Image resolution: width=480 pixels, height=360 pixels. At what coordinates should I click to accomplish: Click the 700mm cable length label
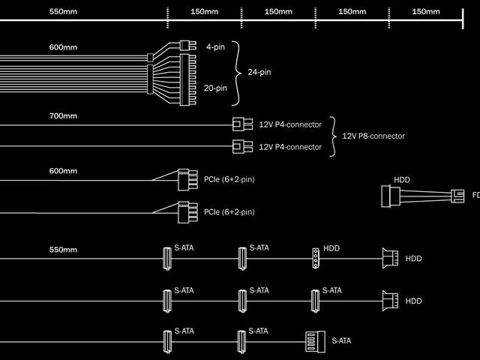[x=63, y=116]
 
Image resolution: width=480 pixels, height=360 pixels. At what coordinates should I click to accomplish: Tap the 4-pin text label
[x=214, y=46]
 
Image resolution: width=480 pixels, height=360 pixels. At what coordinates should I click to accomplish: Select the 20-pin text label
[x=215, y=88]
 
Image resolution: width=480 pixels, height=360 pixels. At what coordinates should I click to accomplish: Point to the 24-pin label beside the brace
[x=259, y=73]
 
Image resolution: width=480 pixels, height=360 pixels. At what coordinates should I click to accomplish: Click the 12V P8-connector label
[x=373, y=136]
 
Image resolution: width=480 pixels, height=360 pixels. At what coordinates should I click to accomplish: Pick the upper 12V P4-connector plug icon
[x=241, y=124]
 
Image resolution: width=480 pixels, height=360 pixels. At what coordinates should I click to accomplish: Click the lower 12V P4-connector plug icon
[x=241, y=146]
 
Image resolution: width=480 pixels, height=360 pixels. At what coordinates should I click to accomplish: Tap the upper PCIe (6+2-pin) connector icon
[x=184, y=180]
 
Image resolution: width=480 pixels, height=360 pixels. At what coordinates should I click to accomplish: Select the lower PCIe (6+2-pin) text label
[x=229, y=212]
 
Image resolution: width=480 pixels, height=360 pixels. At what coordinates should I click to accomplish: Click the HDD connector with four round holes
[x=316, y=258]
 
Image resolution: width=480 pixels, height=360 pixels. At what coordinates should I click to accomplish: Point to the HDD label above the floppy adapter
[x=402, y=180]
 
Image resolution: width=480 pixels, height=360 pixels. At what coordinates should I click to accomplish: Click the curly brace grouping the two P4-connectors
[x=333, y=136]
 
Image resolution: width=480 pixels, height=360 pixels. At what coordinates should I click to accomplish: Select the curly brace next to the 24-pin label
[x=238, y=73]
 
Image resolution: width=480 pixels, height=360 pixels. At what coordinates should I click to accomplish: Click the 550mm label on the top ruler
[x=63, y=12]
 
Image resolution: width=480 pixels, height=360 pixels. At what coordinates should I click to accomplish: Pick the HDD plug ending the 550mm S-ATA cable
[x=388, y=258]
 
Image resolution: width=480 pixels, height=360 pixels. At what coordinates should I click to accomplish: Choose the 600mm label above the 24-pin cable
[x=63, y=47]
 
